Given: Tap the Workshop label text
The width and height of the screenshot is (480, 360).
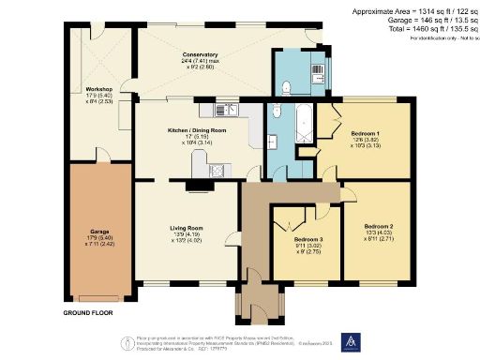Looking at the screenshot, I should tap(72, 89).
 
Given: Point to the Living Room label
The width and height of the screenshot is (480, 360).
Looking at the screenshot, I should tap(186, 228).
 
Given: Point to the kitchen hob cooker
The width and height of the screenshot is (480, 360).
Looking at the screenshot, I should tap(218, 171).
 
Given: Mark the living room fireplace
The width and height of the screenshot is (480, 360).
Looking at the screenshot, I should tap(199, 186).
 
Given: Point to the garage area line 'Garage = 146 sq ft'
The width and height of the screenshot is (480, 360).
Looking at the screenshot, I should tap(411, 22).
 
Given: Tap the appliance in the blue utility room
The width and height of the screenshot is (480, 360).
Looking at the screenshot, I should tap(317, 72).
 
